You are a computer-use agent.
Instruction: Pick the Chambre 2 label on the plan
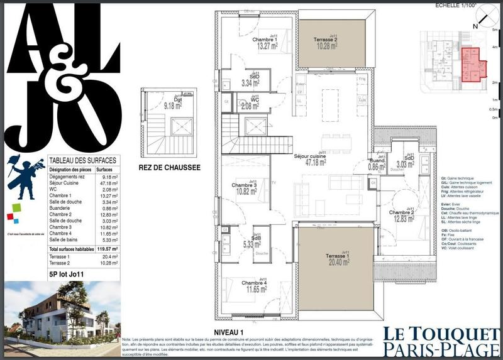point(404,215)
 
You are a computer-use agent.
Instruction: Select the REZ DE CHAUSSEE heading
point(169,168)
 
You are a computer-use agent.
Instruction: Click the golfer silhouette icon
point(24,171)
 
